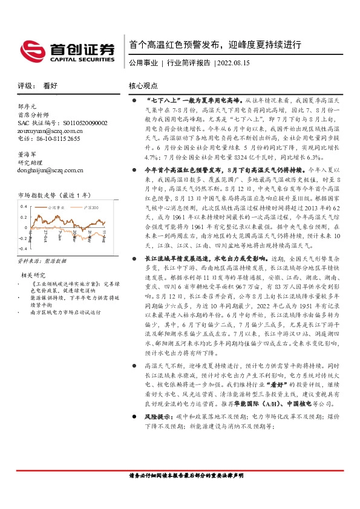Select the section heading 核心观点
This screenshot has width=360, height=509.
click(143, 86)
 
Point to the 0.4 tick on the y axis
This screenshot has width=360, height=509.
click(23, 207)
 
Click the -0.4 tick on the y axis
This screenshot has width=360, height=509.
click(22, 248)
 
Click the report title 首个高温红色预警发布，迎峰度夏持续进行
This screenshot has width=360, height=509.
click(215, 45)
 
